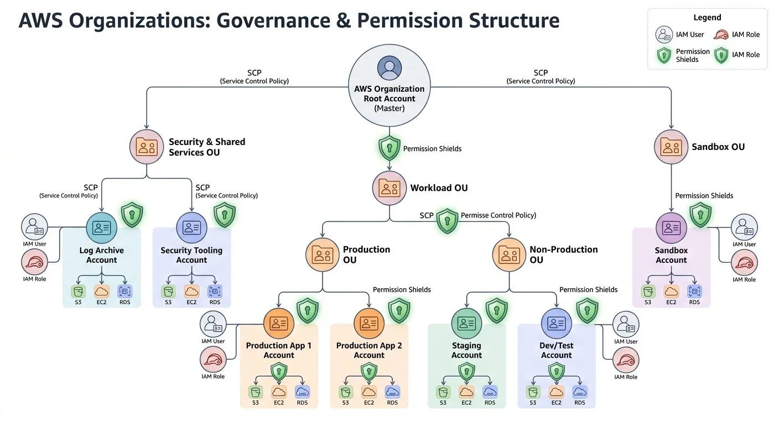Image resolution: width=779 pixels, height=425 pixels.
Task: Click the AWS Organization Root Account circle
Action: tap(389, 85)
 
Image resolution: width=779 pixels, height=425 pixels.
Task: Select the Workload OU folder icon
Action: tap(389, 188)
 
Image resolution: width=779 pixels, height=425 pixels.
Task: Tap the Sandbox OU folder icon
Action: tap(671, 147)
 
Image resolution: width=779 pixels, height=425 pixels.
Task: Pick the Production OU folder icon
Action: tap(322, 255)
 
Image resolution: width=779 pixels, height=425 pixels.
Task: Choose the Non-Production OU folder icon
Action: tap(509, 255)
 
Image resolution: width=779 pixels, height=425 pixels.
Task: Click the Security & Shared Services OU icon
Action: tap(147, 147)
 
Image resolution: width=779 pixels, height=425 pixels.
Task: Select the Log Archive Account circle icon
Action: tap(102, 227)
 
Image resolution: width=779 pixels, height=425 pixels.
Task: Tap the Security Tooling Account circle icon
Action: tap(191, 227)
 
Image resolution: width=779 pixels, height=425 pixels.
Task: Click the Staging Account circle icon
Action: tap(466, 323)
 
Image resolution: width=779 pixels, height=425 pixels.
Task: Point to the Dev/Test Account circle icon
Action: tap(556, 323)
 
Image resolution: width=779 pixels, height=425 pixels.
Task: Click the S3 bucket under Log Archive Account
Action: tap(78, 291)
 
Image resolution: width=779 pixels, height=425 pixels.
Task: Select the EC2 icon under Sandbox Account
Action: tap(671, 291)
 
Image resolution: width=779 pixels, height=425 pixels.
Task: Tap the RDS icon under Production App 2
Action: tap(392, 392)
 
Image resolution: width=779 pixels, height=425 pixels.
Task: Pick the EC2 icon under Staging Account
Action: tap(466, 392)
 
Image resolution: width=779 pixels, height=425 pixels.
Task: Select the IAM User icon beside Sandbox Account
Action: tap(744, 227)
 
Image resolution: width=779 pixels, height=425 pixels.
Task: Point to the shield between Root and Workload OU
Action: tap(389, 148)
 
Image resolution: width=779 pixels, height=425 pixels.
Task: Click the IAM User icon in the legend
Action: tap(664, 35)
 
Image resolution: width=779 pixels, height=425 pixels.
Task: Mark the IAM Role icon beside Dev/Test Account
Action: tap(626, 361)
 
